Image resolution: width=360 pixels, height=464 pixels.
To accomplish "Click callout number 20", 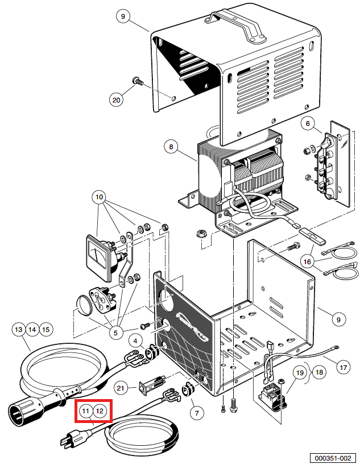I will [x=117, y=100].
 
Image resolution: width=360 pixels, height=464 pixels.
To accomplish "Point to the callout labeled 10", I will [x=100, y=198].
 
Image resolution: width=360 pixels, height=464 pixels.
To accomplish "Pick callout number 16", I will [x=308, y=261].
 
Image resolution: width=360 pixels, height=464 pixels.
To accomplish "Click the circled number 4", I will [x=135, y=341].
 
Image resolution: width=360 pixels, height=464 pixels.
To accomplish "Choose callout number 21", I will [x=120, y=388].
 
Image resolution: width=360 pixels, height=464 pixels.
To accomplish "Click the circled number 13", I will [x=19, y=329].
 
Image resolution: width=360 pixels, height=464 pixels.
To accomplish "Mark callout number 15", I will [x=46, y=329].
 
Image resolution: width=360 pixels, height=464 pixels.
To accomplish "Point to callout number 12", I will [x=100, y=410].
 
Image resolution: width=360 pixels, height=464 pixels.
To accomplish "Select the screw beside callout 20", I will [x=138, y=81].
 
